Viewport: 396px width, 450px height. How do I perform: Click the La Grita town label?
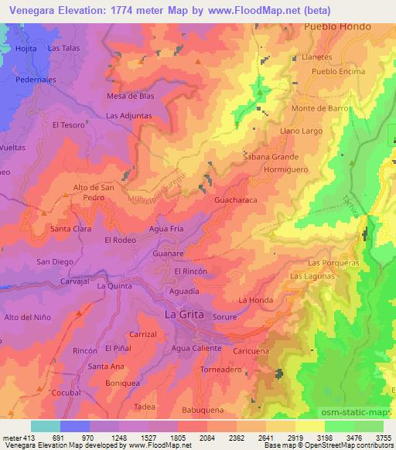[x=186, y=315]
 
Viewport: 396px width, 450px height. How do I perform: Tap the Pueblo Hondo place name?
[x=338, y=26]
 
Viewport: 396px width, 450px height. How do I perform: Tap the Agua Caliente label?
[x=196, y=349]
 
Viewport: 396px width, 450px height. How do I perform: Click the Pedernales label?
[x=39, y=80]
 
